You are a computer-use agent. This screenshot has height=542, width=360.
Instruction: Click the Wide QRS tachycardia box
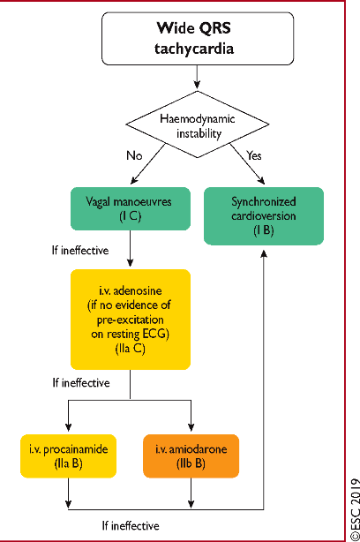pos(198,38)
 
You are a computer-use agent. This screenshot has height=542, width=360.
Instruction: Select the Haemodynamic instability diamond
pos(198,124)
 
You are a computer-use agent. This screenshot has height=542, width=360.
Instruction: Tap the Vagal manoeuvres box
pos(131,209)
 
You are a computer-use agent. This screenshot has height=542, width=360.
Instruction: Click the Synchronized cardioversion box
pos(264,216)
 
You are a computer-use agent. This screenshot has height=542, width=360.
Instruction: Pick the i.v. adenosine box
pos(131,320)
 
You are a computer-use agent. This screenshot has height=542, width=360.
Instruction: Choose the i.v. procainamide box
pos(69,455)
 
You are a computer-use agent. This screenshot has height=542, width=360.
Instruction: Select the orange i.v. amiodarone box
pos(191,455)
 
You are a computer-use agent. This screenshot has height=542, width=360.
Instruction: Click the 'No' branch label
pos(134,155)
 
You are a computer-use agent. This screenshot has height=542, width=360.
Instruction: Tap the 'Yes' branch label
pos(254,155)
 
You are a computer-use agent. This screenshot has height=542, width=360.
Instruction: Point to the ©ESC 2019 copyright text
pos(355,509)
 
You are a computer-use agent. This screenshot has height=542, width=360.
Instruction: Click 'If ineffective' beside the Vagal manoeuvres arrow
pos(80,251)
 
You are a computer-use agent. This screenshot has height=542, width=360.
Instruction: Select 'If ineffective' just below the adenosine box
pos(81,382)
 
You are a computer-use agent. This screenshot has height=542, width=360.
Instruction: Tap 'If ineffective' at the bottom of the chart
pos(131,526)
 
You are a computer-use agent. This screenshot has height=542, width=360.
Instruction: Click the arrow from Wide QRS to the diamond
pos(197,77)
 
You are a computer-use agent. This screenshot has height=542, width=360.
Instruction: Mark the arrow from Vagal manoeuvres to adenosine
pos(131,249)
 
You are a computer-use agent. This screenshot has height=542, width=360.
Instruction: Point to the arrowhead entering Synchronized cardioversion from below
pos(264,253)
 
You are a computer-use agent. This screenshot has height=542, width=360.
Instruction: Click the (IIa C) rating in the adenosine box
pos(131,349)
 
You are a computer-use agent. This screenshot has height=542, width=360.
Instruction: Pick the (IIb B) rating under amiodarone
pos(191,463)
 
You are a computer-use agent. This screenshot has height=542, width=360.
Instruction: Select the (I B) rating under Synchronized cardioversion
pos(264,230)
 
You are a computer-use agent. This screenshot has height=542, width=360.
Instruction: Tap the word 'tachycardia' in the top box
pos(194,49)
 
